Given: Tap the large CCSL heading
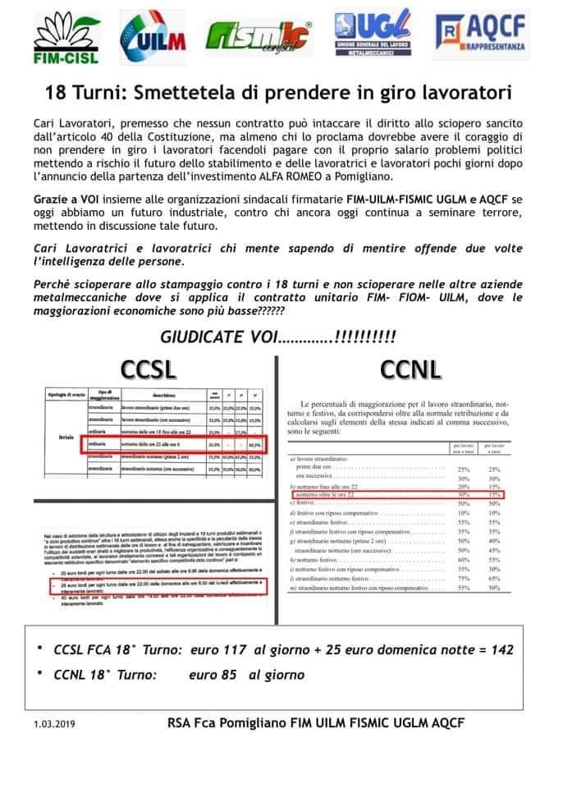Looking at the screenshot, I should (x=149, y=369).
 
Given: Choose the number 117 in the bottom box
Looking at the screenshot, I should (x=239, y=649).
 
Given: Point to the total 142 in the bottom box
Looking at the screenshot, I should (x=501, y=649).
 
